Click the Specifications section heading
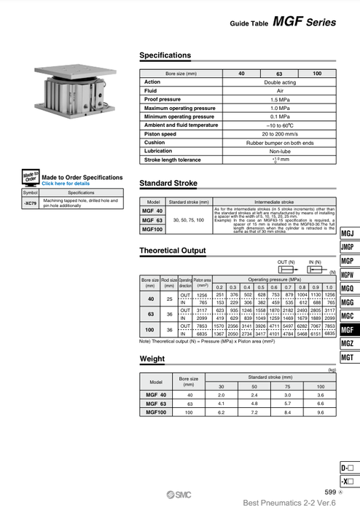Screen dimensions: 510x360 pos(165,55)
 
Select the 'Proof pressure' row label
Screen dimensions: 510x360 pos(163,99)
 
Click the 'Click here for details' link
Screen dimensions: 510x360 pos(66,184)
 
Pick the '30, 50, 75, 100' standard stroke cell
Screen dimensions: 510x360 pos(189,219)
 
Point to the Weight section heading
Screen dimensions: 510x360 pos(152,358)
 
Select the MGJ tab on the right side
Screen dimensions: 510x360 pos(348,233)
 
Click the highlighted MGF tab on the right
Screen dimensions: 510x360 pos(348,330)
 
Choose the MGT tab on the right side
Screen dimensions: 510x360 pos(348,357)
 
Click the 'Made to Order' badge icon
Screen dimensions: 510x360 pos(30,178)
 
